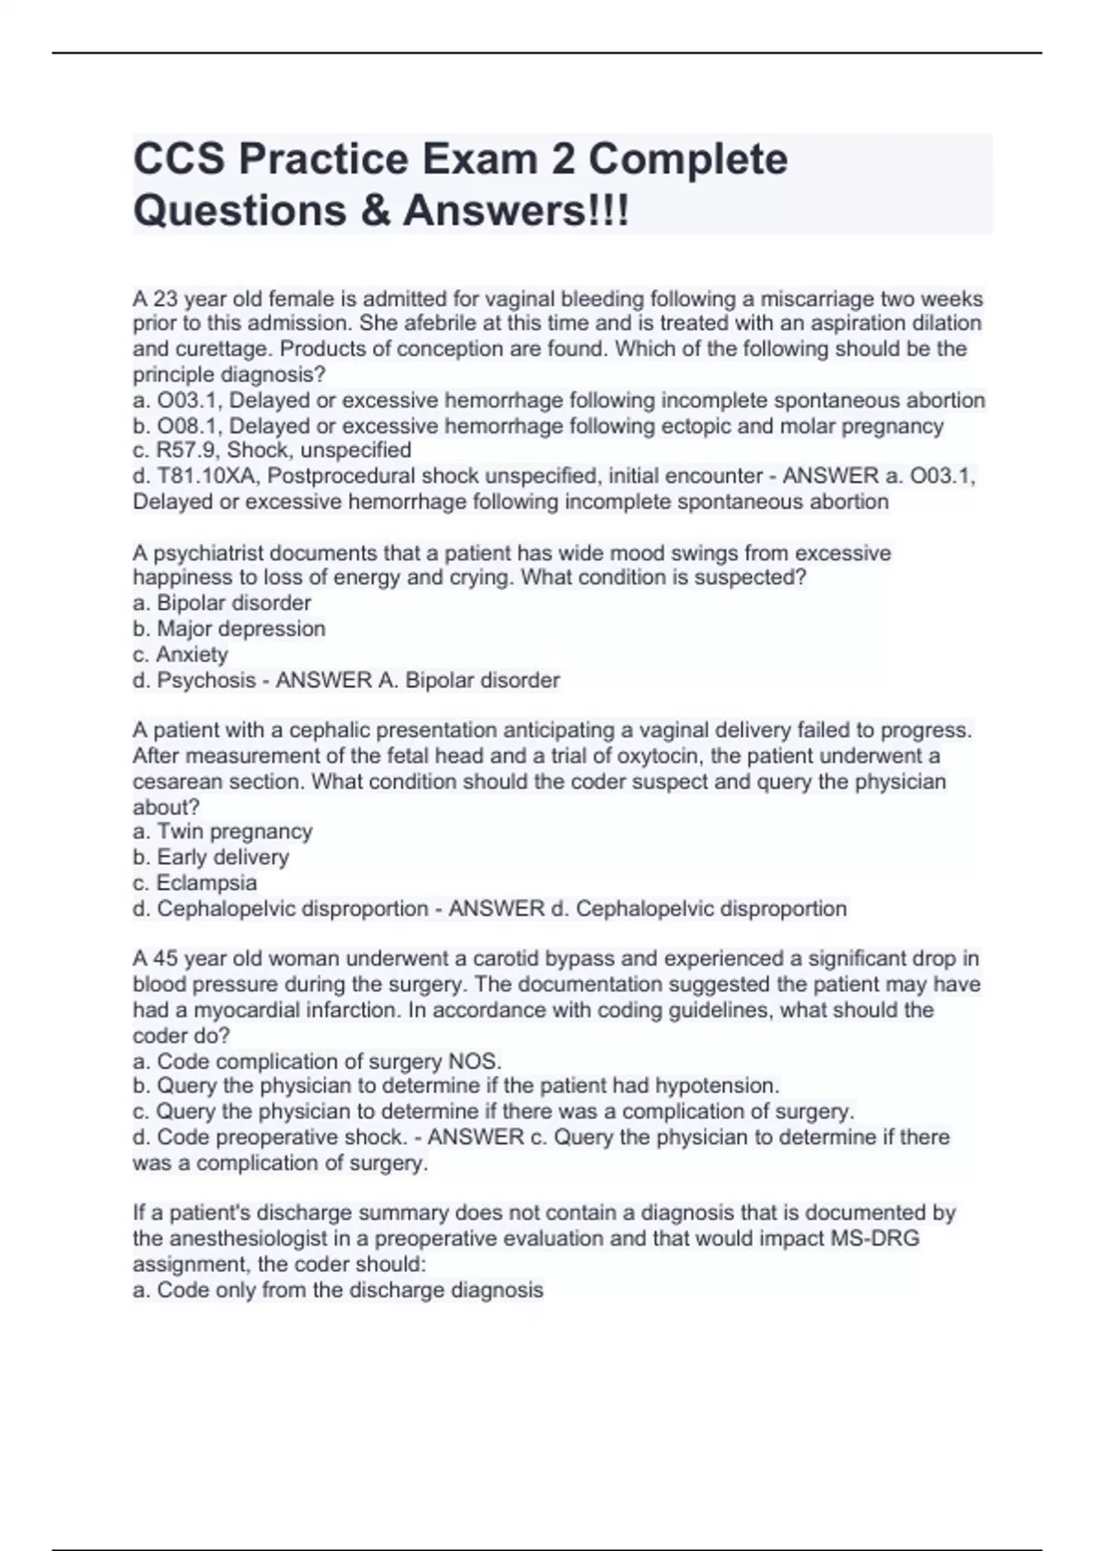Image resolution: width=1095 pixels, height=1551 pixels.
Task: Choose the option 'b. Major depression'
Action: (229, 629)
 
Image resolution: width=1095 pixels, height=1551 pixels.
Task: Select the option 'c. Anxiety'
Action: (180, 654)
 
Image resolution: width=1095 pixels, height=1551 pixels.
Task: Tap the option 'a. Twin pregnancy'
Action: (223, 831)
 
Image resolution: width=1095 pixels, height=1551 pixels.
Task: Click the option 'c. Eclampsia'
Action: (195, 883)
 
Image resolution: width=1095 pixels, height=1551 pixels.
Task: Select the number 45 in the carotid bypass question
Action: (164, 959)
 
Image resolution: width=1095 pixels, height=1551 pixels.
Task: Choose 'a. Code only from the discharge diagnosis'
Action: (339, 1290)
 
